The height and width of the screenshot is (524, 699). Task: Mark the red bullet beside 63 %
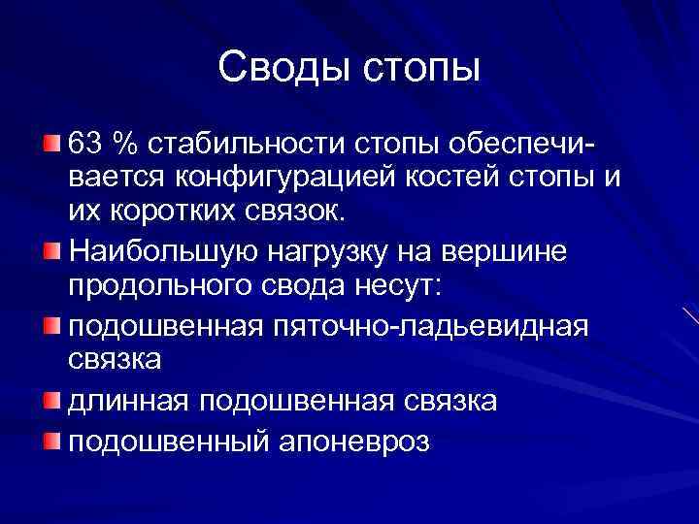(x=51, y=144)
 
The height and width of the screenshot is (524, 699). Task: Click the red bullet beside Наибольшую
(x=51, y=251)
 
